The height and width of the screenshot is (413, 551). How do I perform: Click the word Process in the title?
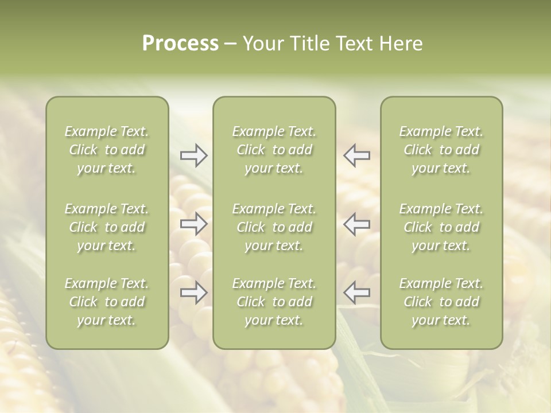(180, 44)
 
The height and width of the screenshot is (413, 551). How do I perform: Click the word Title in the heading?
(308, 44)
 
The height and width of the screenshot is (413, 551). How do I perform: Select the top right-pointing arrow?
(193, 155)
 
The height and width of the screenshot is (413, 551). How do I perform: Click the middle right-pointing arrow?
(193, 224)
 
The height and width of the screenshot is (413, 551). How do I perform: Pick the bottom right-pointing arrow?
(193, 293)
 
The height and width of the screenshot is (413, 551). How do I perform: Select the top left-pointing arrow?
(357, 155)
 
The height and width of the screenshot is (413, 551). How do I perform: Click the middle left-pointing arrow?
(357, 224)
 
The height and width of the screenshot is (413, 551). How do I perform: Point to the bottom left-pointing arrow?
(357, 293)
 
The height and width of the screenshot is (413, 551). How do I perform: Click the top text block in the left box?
(107, 150)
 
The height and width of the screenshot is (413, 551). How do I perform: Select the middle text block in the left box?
(107, 227)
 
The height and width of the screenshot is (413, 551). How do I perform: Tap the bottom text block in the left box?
(107, 302)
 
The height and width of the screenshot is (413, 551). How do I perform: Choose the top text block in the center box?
(274, 150)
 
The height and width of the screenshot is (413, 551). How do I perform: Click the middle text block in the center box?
(274, 227)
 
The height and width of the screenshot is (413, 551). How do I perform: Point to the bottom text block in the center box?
(274, 302)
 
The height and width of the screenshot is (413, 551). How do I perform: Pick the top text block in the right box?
(441, 150)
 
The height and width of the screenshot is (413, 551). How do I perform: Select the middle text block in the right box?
(441, 227)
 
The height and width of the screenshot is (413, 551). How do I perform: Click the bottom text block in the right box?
(441, 302)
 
